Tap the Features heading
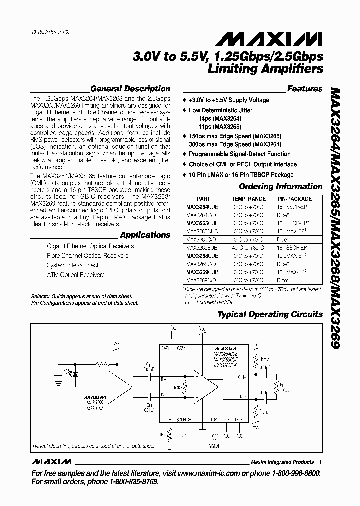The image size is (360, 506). point(305,89)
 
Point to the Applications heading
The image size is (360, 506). point(145,235)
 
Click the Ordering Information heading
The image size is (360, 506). point(281,187)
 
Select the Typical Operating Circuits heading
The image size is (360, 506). point(270,314)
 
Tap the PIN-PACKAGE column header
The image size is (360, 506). point(294,199)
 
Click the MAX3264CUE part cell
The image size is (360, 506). point(202,206)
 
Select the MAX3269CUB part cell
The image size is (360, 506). point(202,272)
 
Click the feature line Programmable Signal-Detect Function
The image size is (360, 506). point(239,154)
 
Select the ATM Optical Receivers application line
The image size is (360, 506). point(76,275)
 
